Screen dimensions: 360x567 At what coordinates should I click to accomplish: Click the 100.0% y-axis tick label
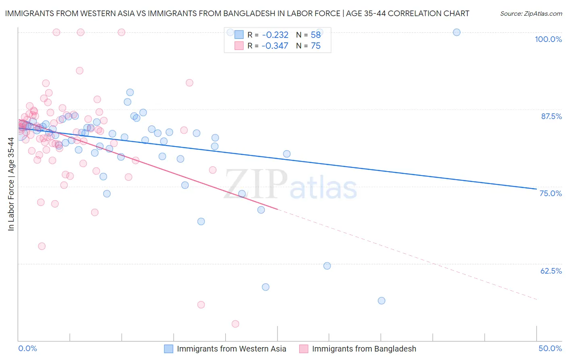548,39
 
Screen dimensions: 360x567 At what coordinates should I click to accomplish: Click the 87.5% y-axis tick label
551,116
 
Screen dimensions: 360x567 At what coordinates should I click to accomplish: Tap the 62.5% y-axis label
551,271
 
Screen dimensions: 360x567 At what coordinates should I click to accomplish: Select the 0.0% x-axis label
27,348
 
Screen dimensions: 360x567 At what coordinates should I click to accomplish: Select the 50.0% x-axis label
550,348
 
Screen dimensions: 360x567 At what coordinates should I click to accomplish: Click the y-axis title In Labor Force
11,184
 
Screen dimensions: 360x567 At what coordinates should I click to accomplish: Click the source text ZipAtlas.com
531,14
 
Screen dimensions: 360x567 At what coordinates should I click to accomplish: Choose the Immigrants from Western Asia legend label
231,349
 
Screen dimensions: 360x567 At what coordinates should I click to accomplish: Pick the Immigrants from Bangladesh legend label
364,349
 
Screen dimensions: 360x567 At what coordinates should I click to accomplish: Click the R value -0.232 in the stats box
275,35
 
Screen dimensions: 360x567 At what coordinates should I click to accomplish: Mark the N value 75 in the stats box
316,46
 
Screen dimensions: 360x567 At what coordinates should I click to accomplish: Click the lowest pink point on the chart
236,324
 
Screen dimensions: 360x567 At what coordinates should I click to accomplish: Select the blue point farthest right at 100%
457,32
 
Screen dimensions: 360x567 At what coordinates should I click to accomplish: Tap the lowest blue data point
381,301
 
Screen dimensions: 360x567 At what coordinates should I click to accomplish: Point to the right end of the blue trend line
536,189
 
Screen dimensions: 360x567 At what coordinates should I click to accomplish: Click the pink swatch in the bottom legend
304,349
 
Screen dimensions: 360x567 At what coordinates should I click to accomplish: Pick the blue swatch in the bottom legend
169,349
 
